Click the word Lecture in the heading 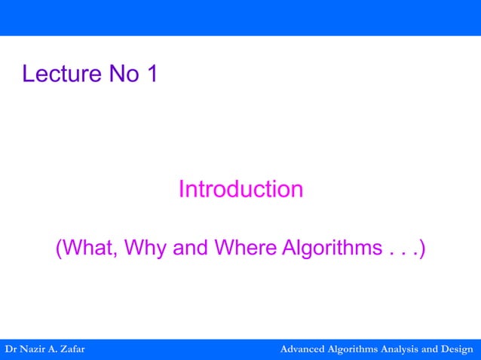click(58, 74)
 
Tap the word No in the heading click(121, 74)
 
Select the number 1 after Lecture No click(151, 74)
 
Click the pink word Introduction click(240, 189)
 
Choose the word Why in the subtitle click(146, 248)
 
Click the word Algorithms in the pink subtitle click(331, 248)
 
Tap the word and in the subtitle click(191, 248)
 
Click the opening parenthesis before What click(59, 248)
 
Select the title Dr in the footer click(11, 349)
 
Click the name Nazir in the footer click(34, 349)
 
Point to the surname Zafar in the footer click(70, 349)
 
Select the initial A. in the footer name click(52, 349)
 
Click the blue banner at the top click(240, 17)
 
